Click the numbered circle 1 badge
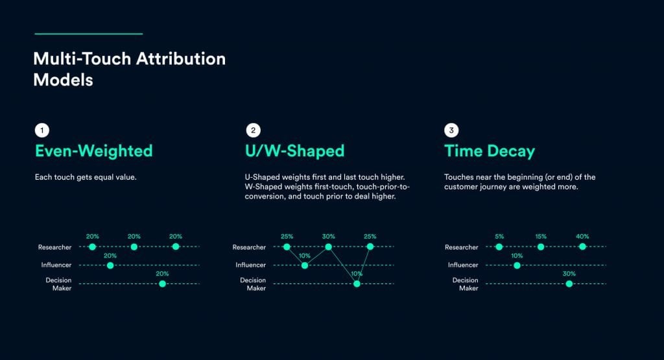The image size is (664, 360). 41,130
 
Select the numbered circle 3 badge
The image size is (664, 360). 451,130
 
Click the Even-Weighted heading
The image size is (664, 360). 93,151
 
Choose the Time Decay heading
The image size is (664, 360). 490,151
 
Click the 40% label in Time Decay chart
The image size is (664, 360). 582,237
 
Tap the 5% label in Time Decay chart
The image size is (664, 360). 499,237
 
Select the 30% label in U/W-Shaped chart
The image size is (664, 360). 328,237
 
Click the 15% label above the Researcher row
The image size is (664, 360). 541,237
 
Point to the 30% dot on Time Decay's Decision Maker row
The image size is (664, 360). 569,283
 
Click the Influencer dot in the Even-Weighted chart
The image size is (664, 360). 110,265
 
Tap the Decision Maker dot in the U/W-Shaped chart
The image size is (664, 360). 357,283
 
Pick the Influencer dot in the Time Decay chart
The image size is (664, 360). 517,265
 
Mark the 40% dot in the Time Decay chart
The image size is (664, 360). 582,246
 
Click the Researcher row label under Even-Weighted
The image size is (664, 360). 54,247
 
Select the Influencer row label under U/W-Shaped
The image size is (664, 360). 250,265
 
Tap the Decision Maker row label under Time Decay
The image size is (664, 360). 465,284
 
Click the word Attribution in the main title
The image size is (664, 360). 180,58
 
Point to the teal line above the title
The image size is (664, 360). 88,33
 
